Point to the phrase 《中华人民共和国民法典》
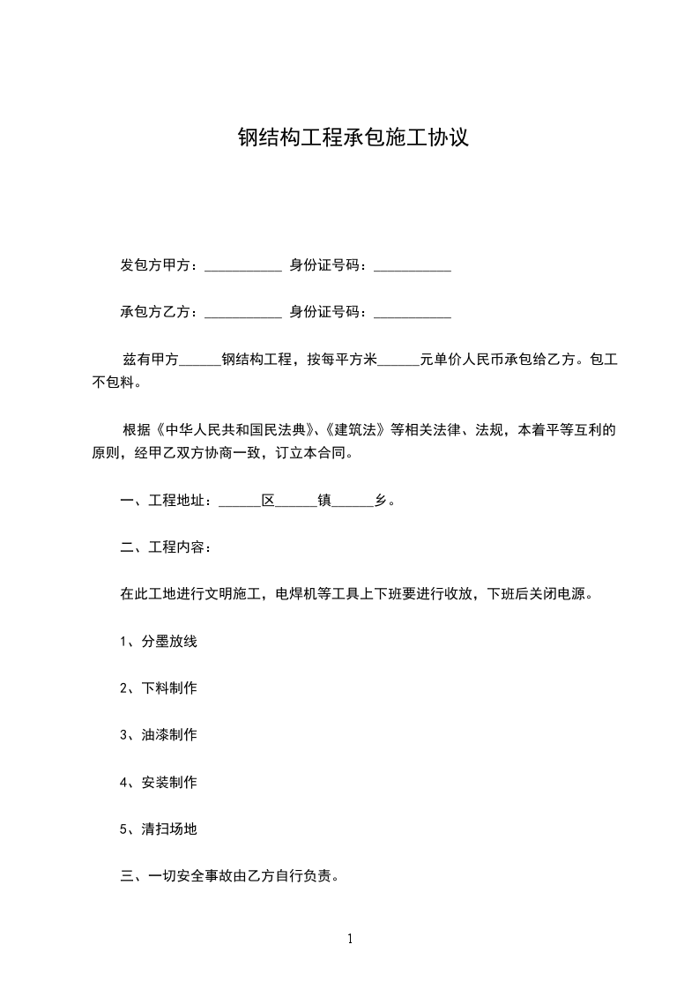pyautogui.click(x=234, y=431)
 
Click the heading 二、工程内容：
pyautogui.click(x=166, y=547)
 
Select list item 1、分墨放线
pyautogui.click(x=159, y=641)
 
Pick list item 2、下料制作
pyautogui.click(x=159, y=688)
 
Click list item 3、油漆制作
pyautogui.click(x=159, y=735)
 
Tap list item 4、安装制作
pyautogui.click(x=159, y=783)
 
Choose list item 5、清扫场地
pyautogui.click(x=159, y=829)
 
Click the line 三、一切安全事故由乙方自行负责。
pyautogui.click(x=230, y=877)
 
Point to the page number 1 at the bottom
pyautogui.click(x=350, y=940)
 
